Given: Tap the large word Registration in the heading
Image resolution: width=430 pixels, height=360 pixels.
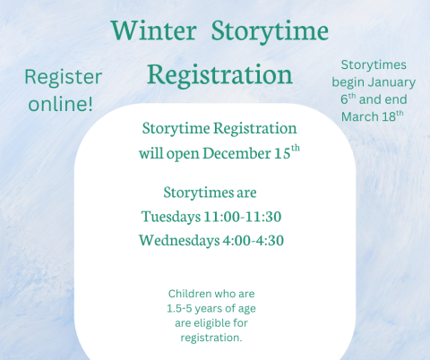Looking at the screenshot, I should coord(219,73).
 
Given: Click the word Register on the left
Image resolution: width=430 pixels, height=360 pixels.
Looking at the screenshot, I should coord(63,78).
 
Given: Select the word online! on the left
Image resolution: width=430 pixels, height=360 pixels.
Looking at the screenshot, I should coord(60,103).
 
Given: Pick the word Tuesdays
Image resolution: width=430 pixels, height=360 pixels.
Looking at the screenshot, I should coord(173,216).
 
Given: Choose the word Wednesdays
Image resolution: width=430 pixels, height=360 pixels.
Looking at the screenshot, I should coord(180,240).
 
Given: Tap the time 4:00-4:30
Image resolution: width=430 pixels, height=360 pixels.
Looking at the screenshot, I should coord(256,240).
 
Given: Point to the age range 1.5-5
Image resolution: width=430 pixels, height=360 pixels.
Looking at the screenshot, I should coord(182,308).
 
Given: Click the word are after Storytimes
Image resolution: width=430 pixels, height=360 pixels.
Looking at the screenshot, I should coord(243,192).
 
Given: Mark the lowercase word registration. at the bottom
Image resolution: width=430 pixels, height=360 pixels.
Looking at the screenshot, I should coord(211,337).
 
